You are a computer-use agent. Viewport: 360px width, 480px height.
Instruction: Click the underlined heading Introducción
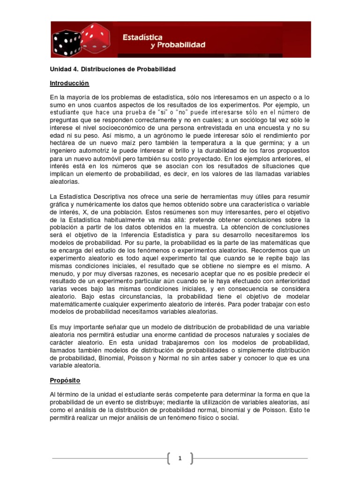coord(69,83)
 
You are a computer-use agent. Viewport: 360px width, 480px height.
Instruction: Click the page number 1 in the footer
coord(180,459)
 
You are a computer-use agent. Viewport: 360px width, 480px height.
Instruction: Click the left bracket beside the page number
coord(169,459)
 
